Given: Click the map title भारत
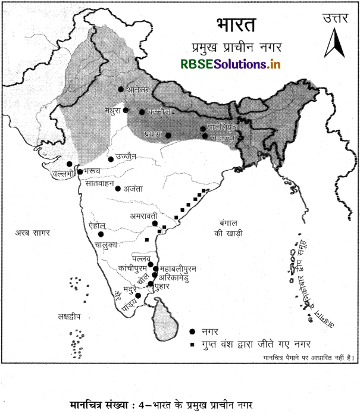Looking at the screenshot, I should (234, 26).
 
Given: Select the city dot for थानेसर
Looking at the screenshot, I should (121, 89).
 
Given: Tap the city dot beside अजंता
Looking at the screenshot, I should (118, 189).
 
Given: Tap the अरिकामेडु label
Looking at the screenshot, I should (177, 277).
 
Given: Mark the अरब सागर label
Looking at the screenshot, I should (33, 233).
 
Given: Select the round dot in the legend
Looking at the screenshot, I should (192, 331).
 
